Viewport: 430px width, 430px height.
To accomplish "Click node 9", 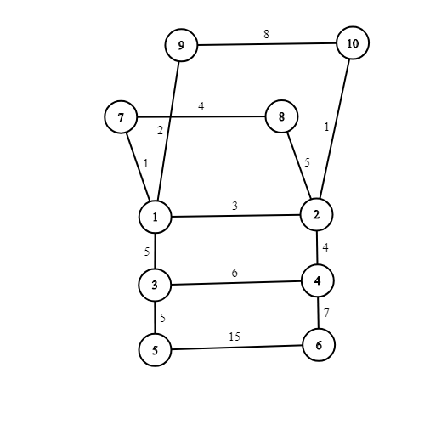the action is pyautogui.click(x=181, y=45).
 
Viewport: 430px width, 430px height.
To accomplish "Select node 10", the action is pyautogui.click(x=353, y=43).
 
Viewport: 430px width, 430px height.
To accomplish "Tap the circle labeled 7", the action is pyautogui.click(x=121, y=116).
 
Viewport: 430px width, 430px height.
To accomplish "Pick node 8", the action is pyautogui.click(x=281, y=116).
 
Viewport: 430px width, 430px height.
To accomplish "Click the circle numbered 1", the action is pyautogui.click(x=156, y=217).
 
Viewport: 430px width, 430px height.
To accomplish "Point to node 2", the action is pyautogui.click(x=316, y=214).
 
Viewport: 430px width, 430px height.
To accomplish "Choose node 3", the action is pyautogui.click(x=155, y=285).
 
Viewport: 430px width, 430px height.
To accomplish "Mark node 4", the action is pyautogui.click(x=318, y=280).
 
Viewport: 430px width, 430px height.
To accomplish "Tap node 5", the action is pyautogui.click(x=156, y=350).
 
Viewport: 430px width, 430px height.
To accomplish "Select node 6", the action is pyautogui.click(x=319, y=345).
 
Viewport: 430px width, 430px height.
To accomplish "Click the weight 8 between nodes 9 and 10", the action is pyautogui.click(x=266, y=34).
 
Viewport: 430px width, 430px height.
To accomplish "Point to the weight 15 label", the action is pyautogui.click(x=235, y=337).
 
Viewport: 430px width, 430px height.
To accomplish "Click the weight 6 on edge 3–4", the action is pyautogui.click(x=235, y=273).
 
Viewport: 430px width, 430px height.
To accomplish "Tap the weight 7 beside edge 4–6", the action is pyautogui.click(x=326, y=313).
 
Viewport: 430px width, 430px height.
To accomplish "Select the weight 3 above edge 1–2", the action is pyautogui.click(x=235, y=206).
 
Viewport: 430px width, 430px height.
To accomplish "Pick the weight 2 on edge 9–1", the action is pyautogui.click(x=161, y=131).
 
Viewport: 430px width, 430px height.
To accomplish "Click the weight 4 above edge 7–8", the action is pyautogui.click(x=201, y=106).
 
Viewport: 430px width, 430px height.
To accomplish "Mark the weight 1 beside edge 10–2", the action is pyautogui.click(x=326, y=127).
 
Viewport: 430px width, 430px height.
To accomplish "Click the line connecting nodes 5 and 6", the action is pyautogui.click(x=237, y=348).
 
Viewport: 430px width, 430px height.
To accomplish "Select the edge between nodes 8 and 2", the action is pyautogui.click(x=299, y=166).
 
